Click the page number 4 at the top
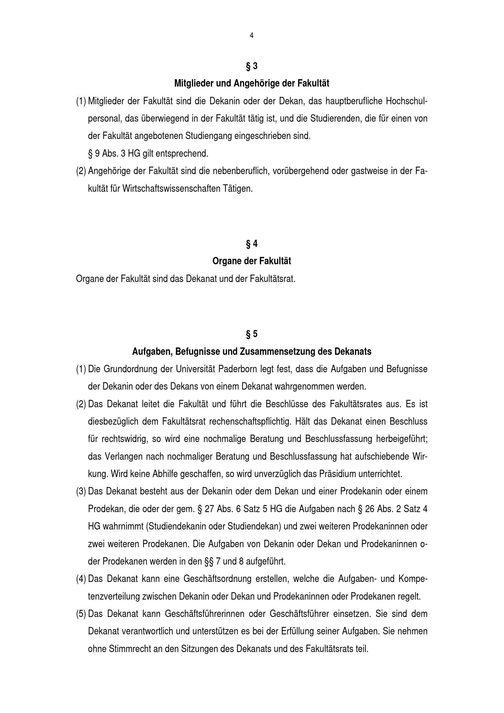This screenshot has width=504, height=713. tap(251, 36)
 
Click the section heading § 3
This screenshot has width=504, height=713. tap(252, 66)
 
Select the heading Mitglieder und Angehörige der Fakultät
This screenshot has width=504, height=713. tap(252, 83)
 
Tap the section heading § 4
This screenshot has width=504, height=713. tap(252, 244)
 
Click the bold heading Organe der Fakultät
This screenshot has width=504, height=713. tap(252, 261)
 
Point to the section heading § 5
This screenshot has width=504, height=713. tap(252, 334)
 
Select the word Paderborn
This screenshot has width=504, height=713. tap(237, 369)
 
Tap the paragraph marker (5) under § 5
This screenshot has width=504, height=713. tap(81, 614)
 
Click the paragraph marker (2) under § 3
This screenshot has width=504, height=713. tap(81, 171)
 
